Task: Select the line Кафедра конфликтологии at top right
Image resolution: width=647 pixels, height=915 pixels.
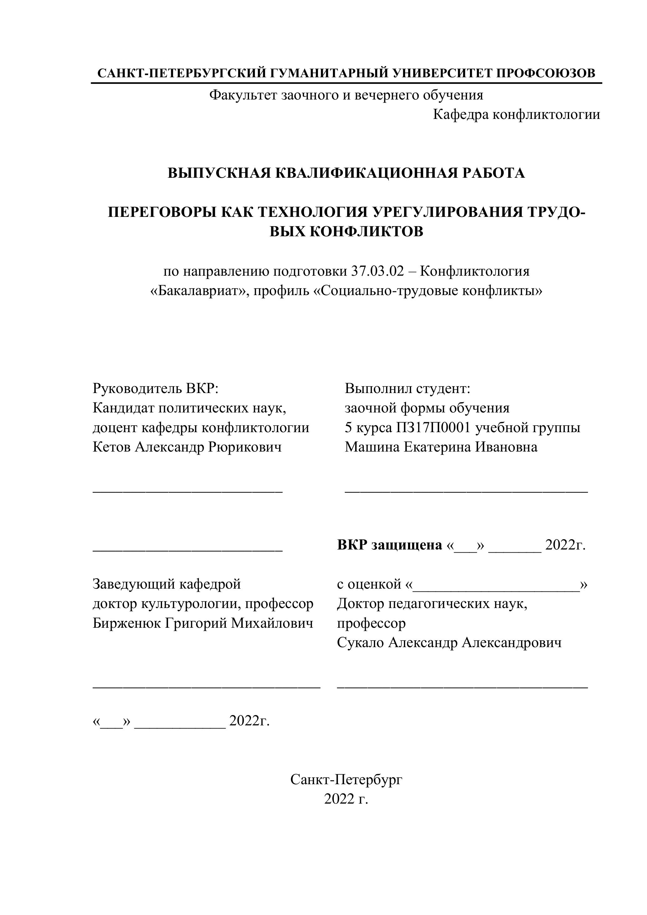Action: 516,115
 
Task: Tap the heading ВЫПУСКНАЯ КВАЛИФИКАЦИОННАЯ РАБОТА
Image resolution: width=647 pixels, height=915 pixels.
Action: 346,173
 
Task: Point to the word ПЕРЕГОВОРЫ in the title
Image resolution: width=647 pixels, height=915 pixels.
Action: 162,212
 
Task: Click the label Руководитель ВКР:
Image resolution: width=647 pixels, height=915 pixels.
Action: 156,388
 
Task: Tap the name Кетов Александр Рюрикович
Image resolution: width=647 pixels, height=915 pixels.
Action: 187,447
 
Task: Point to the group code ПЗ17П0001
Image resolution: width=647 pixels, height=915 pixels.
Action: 433,427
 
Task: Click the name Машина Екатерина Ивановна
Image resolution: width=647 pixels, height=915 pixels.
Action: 441,447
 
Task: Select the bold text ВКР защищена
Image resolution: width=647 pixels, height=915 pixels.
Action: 389,545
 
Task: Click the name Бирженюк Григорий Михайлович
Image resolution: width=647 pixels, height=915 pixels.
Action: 203,623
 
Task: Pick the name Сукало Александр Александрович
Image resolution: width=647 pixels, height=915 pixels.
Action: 449,642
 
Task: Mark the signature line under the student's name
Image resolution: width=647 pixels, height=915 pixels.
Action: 466,493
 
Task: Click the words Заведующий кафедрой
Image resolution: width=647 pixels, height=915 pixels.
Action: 166,584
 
